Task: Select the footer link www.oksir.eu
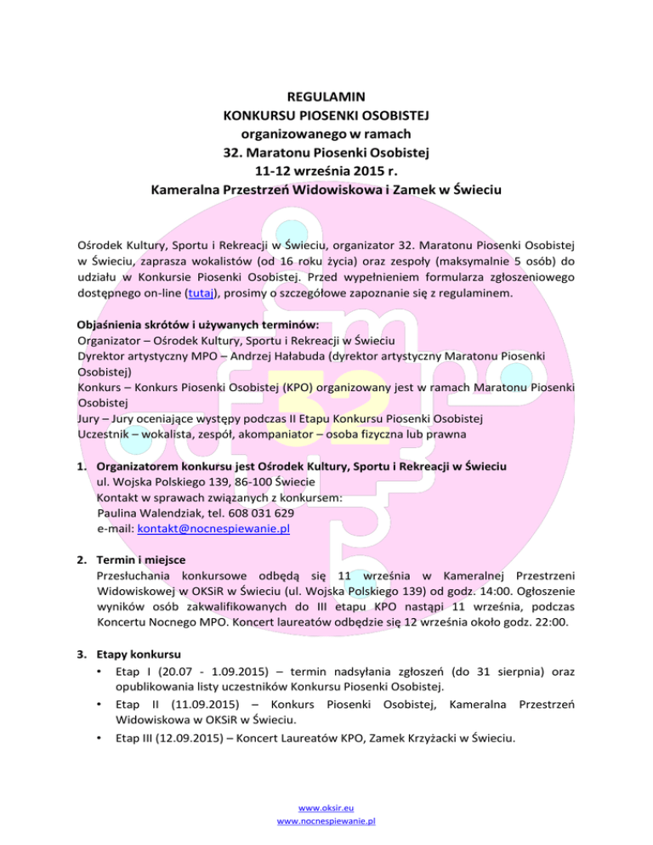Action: pos(326,808)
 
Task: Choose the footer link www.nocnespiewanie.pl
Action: pos(326,822)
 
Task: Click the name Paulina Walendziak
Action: pos(150,513)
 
